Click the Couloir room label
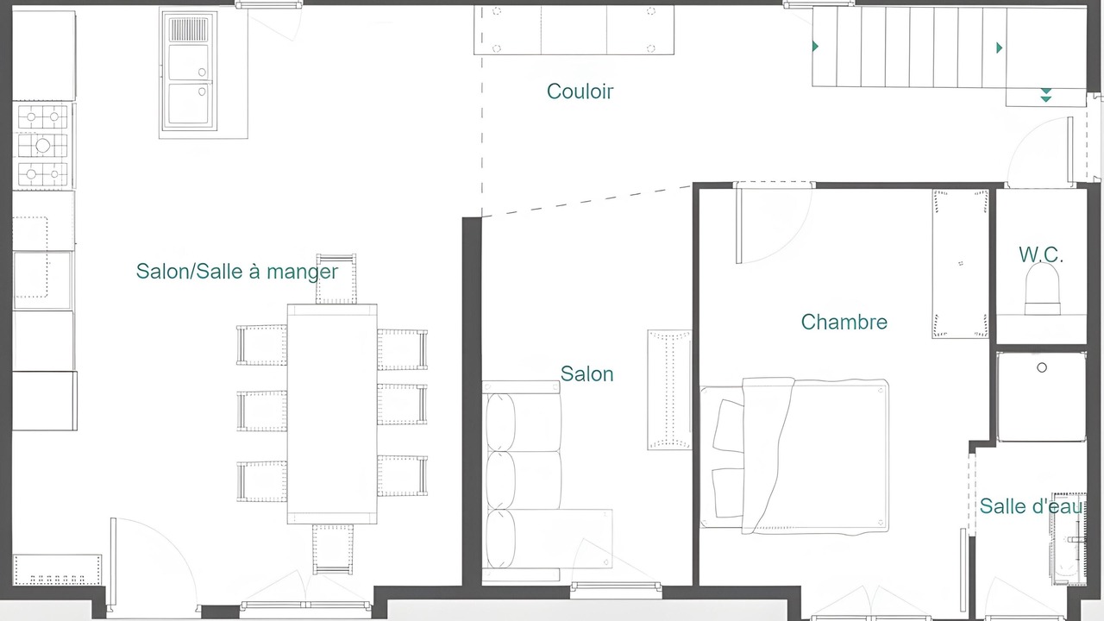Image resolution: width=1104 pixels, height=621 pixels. tap(580, 91)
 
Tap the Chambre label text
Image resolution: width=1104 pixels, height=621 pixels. tap(844, 323)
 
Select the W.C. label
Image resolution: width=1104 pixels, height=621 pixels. tap(1040, 254)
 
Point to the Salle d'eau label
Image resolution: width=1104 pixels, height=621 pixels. tap(1032, 506)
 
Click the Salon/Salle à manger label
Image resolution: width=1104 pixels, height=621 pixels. tap(237, 272)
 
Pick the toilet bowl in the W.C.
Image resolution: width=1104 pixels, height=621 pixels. tap(1043, 289)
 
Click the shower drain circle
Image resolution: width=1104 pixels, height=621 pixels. tap(1042, 367)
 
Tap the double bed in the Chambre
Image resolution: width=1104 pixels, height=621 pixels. tap(794, 456)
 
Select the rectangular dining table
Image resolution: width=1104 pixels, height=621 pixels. tap(332, 414)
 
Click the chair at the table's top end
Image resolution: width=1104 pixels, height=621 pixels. tap(336, 279)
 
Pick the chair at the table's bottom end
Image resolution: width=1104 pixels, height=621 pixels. tap(333, 549)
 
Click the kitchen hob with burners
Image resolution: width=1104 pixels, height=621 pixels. tap(43, 146)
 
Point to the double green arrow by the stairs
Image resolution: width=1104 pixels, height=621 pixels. tap(1046, 95)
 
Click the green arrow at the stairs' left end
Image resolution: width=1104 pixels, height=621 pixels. tap(815, 47)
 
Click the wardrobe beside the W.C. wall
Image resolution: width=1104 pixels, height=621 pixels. tap(960, 264)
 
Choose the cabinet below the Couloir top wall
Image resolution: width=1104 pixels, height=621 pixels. tap(574, 29)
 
